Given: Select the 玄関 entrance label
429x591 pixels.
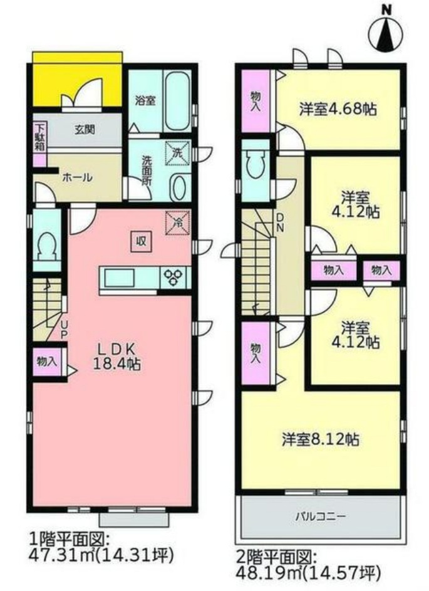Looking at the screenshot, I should click(85, 130).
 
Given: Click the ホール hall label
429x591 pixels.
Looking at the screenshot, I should click(77, 177).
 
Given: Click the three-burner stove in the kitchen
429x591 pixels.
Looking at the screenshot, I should click(175, 277).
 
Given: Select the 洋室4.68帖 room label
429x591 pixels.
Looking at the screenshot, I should click(338, 109).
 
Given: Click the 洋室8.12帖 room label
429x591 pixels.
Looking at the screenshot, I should click(319, 439).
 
